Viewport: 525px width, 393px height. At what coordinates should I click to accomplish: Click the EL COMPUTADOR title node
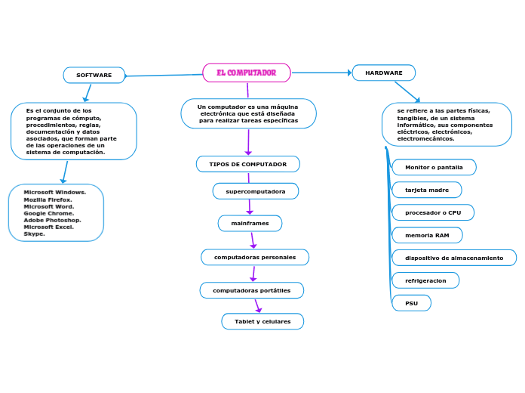247,73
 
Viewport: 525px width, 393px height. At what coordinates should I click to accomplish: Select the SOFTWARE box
94,75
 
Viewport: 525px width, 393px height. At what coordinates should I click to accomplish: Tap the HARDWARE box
384,73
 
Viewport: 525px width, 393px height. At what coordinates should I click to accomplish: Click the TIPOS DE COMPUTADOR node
248,164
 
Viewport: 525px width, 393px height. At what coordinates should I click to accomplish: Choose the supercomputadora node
256,191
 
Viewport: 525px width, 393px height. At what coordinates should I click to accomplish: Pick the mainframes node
250,223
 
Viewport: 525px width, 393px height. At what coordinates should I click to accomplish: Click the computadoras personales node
255,257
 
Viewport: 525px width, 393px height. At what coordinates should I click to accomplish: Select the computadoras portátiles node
251,290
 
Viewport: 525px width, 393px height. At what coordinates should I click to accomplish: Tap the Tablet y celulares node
262,321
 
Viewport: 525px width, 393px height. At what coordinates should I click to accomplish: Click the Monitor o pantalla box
434,167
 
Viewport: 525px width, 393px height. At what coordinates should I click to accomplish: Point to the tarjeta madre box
427,190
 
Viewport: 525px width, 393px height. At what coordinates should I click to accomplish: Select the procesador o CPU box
433,212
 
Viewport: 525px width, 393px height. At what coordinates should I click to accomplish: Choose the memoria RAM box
427,235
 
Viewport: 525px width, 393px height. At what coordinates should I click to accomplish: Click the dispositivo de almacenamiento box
454,258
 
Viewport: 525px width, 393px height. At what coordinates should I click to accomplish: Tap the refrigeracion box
425,280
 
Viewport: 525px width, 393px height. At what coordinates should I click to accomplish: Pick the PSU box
411,303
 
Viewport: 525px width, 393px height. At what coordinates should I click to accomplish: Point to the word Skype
34,234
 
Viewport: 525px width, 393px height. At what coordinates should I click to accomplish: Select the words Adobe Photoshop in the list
52,220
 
